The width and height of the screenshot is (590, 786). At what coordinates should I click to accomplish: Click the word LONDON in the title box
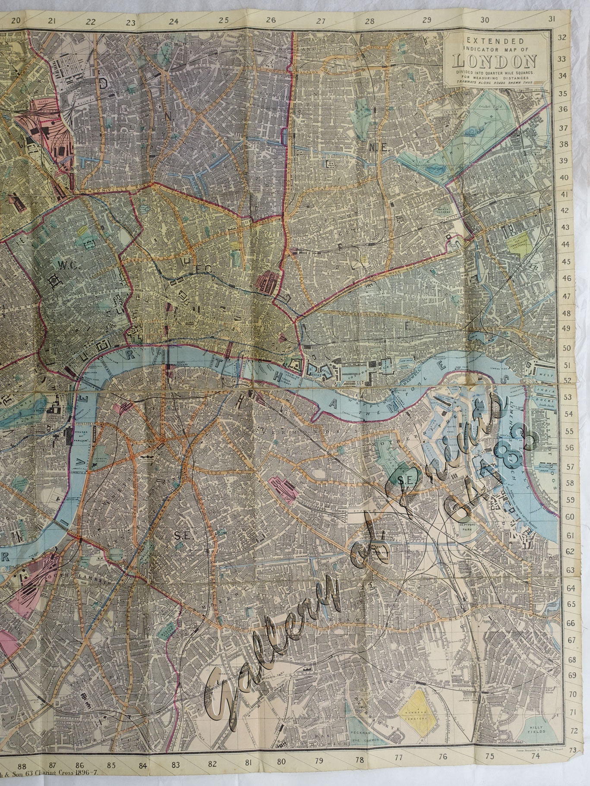495,60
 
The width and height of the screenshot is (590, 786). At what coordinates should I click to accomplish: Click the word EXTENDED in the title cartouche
495,41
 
